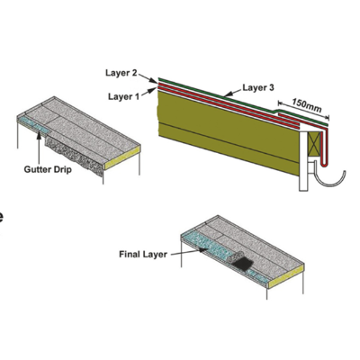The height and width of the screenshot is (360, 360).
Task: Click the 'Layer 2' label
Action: (x=121, y=73)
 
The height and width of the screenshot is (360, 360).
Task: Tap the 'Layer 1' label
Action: (x=123, y=96)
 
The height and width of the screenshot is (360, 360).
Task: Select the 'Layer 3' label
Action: (x=258, y=88)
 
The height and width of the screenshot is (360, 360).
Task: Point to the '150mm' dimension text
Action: (x=307, y=105)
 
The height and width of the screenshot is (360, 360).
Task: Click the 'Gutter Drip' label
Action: (x=48, y=170)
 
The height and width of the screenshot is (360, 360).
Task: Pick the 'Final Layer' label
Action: (x=143, y=255)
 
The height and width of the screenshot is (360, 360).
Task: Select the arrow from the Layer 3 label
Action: (x=233, y=93)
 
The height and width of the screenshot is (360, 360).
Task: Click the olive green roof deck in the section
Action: (x=228, y=132)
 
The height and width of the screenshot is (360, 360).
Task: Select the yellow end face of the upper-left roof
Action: (x=122, y=157)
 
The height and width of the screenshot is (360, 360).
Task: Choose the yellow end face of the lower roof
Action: (x=286, y=276)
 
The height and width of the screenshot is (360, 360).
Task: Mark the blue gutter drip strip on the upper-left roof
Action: (x=33, y=125)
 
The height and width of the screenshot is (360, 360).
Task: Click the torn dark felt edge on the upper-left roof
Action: (x=74, y=156)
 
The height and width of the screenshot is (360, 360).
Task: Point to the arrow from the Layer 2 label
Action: (x=148, y=78)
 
